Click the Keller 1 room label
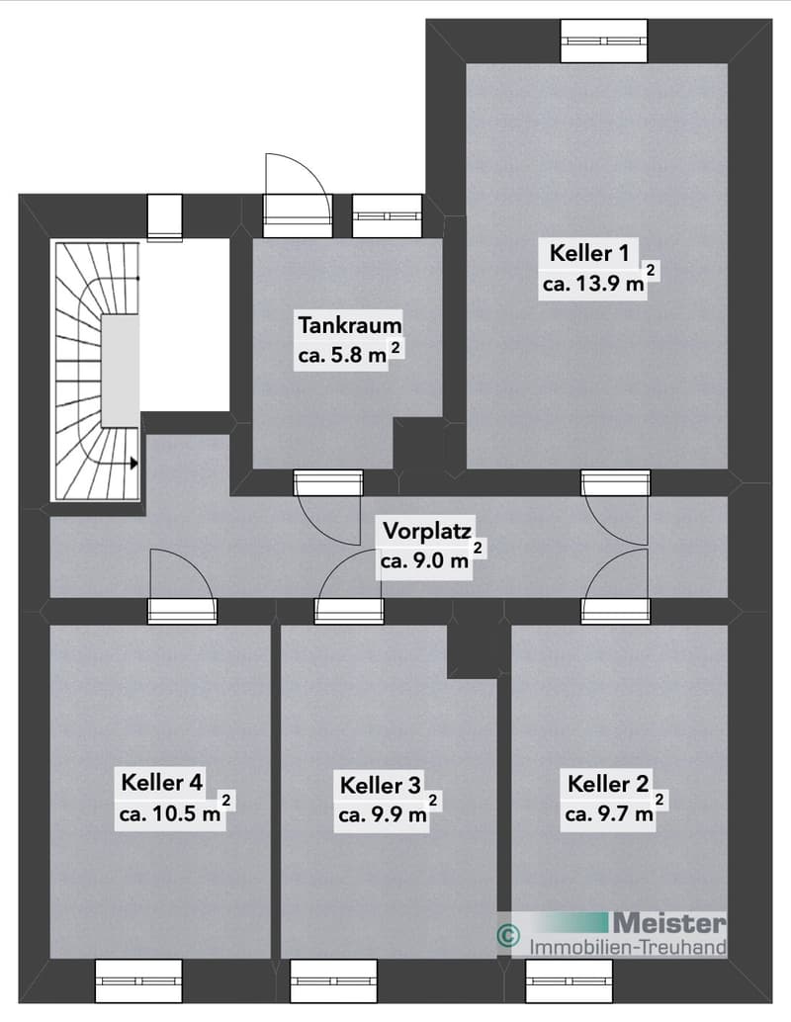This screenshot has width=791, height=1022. tap(589, 253)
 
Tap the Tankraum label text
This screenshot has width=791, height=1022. tap(350, 324)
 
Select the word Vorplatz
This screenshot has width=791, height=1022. tap(427, 531)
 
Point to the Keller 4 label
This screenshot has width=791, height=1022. tap(162, 782)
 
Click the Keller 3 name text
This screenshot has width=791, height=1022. tap(381, 786)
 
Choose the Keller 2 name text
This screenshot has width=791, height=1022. tap(608, 784)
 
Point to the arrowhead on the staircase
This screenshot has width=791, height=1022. tap(134, 464)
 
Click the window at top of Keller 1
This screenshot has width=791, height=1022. tap(604, 41)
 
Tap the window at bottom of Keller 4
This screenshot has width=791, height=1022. tap(138, 980)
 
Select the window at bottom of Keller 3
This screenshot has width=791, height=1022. tap(333, 980)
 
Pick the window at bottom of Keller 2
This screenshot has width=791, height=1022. tap(570, 980)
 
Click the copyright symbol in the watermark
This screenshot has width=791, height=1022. tap(508, 935)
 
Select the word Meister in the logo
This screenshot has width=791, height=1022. tap(669, 922)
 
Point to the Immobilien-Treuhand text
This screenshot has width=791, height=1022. tap(627, 947)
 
